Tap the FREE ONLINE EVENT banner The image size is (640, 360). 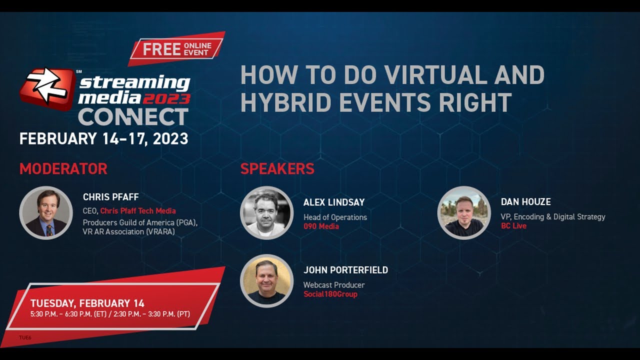coord(176,49)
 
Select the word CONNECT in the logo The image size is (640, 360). coord(133,117)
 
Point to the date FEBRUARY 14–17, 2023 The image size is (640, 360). coord(104,138)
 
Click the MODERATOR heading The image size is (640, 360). coord(63,169)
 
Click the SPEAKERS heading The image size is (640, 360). coord(277,169)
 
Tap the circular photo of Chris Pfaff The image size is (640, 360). coord(46,213)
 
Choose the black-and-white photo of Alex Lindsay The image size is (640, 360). coord(266,213)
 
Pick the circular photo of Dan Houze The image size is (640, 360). coord(464,213)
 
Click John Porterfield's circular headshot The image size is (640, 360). coord(266,281)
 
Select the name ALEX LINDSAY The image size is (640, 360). coord(334,202)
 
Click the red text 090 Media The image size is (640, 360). coord(321,226)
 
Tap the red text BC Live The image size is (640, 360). coord(513,226)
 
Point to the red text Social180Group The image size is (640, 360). coord(330,294)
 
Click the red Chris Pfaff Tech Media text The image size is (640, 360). coord(137,211)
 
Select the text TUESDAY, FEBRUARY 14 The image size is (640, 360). coord(87,303)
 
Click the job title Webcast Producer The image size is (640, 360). coord(334,285)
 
